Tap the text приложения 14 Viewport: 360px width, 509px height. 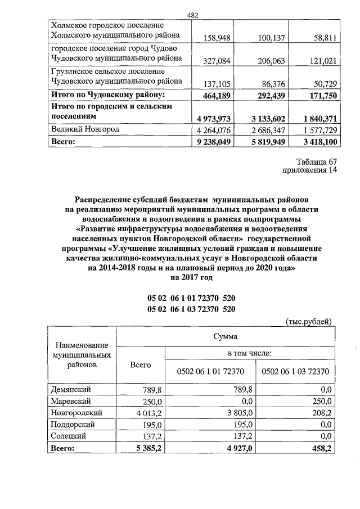pyautogui.click(x=308, y=173)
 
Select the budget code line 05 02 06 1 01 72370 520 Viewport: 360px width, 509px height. pyautogui.click(x=191, y=298)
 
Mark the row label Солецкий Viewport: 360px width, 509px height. pyautogui.click(x=70, y=436)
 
